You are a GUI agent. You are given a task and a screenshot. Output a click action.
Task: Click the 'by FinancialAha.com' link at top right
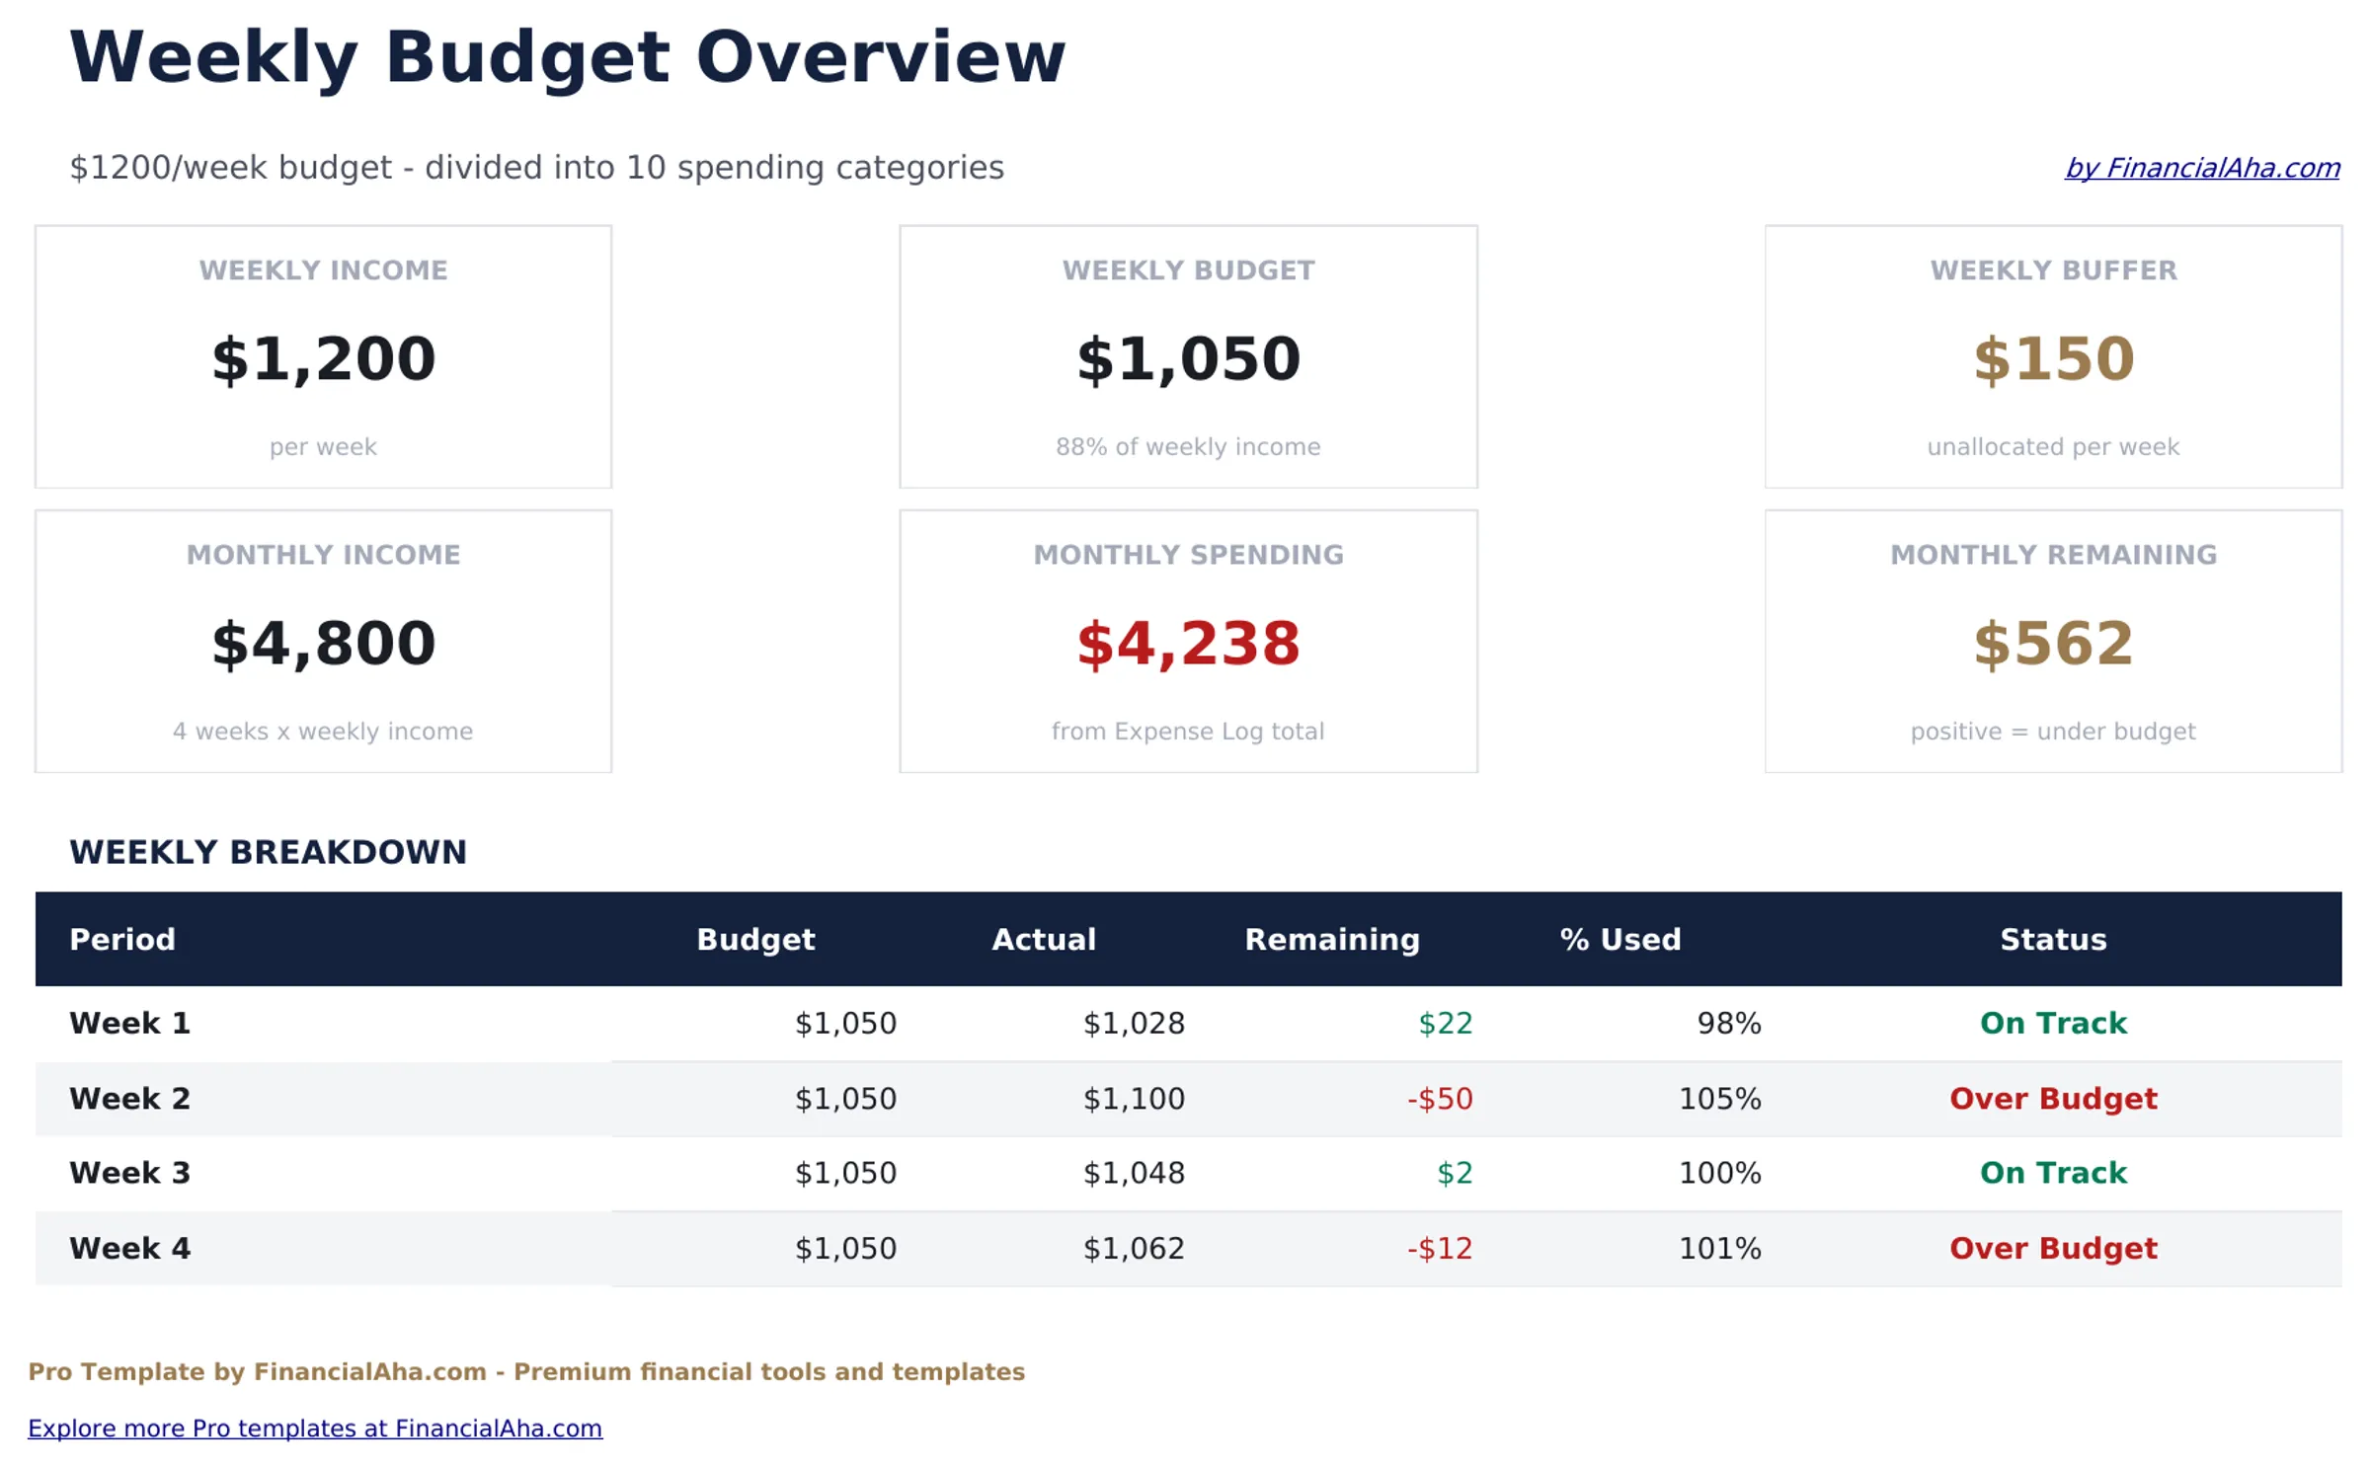[x=2201, y=168]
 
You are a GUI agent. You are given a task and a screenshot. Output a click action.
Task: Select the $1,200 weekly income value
[x=323, y=358]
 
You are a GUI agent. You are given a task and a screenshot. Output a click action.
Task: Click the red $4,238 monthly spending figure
[x=1187, y=644]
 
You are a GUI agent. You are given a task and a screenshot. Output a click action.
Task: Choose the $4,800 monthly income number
[x=323, y=644]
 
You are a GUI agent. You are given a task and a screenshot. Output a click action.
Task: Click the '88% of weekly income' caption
[x=1187, y=447]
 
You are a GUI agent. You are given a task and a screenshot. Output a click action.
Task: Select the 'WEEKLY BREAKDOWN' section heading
[x=268, y=852]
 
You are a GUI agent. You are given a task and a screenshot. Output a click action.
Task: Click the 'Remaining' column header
[x=1331, y=939]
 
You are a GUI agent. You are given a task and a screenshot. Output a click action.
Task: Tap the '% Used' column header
[x=1619, y=939]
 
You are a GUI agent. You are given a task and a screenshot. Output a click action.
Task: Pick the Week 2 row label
[x=129, y=1099]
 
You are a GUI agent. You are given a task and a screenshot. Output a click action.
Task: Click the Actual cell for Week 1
[x=1133, y=1024]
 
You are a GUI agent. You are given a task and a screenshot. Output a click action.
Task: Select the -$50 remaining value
[x=1439, y=1099]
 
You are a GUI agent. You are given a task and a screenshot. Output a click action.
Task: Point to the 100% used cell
[x=1719, y=1173]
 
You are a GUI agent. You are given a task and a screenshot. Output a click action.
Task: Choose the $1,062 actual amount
[x=1133, y=1249]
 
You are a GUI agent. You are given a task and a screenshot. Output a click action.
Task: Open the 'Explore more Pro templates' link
[x=314, y=1429]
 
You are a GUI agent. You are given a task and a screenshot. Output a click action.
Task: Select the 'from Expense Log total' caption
[x=1187, y=732]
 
